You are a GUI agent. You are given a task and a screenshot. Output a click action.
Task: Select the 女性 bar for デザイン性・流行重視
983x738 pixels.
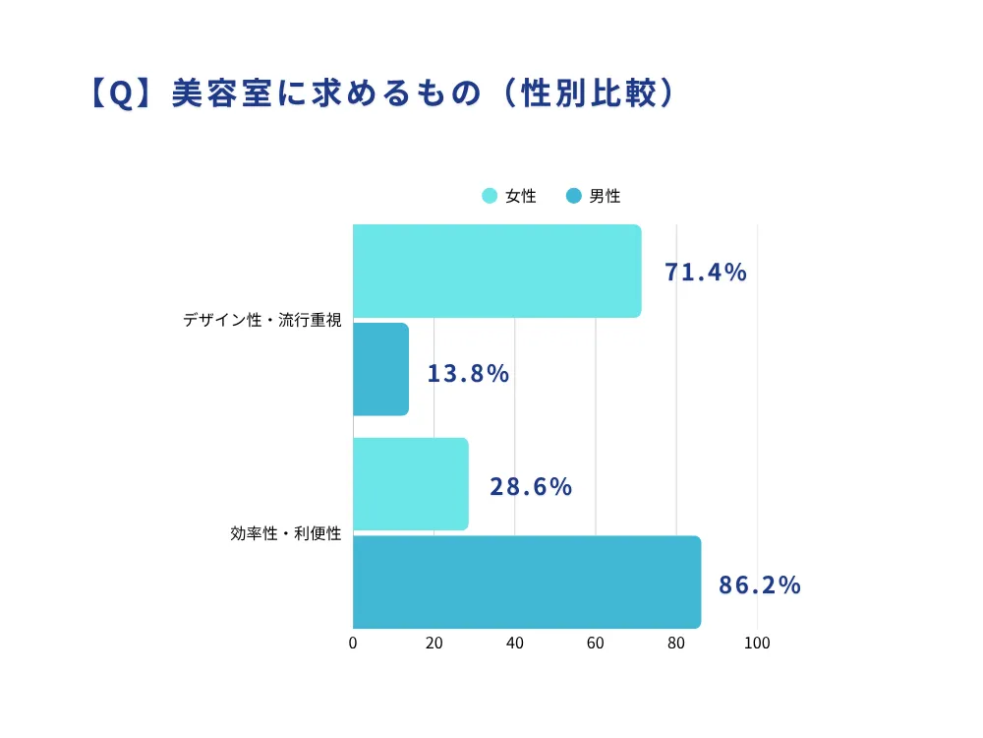(496, 271)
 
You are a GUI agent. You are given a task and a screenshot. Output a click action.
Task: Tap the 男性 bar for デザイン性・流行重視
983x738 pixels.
(380, 369)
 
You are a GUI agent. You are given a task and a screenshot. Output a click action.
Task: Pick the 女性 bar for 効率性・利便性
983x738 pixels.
(410, 484)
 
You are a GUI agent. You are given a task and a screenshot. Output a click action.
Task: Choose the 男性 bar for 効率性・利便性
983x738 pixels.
(526, 582)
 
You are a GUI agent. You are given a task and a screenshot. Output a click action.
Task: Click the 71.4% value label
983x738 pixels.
(705, 273)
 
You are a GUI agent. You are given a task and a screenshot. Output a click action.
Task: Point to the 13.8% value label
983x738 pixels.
(468, 374)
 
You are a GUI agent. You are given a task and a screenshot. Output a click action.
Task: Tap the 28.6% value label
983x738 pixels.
(531, 487)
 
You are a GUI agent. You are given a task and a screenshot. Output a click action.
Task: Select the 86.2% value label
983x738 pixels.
(760, 585)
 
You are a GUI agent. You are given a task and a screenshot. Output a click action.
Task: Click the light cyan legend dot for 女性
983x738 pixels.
(490, 196)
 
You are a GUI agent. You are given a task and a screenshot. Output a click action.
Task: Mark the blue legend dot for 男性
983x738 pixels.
(574, 196)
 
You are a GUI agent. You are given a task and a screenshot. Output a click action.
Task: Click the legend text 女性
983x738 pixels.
(521, 196)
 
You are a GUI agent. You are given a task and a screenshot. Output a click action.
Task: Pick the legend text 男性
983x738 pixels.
(606, 196)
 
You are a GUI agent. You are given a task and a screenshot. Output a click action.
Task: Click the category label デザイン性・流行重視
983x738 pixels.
(261, 321)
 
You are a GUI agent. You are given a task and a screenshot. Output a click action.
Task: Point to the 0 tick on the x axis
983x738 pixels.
(353, 644)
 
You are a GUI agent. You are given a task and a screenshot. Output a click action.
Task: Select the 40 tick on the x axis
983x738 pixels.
(514, 644)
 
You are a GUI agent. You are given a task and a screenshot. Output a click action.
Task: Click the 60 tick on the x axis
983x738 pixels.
(595, 644)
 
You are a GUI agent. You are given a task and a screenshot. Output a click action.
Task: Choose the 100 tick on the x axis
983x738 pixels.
(756, 644)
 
